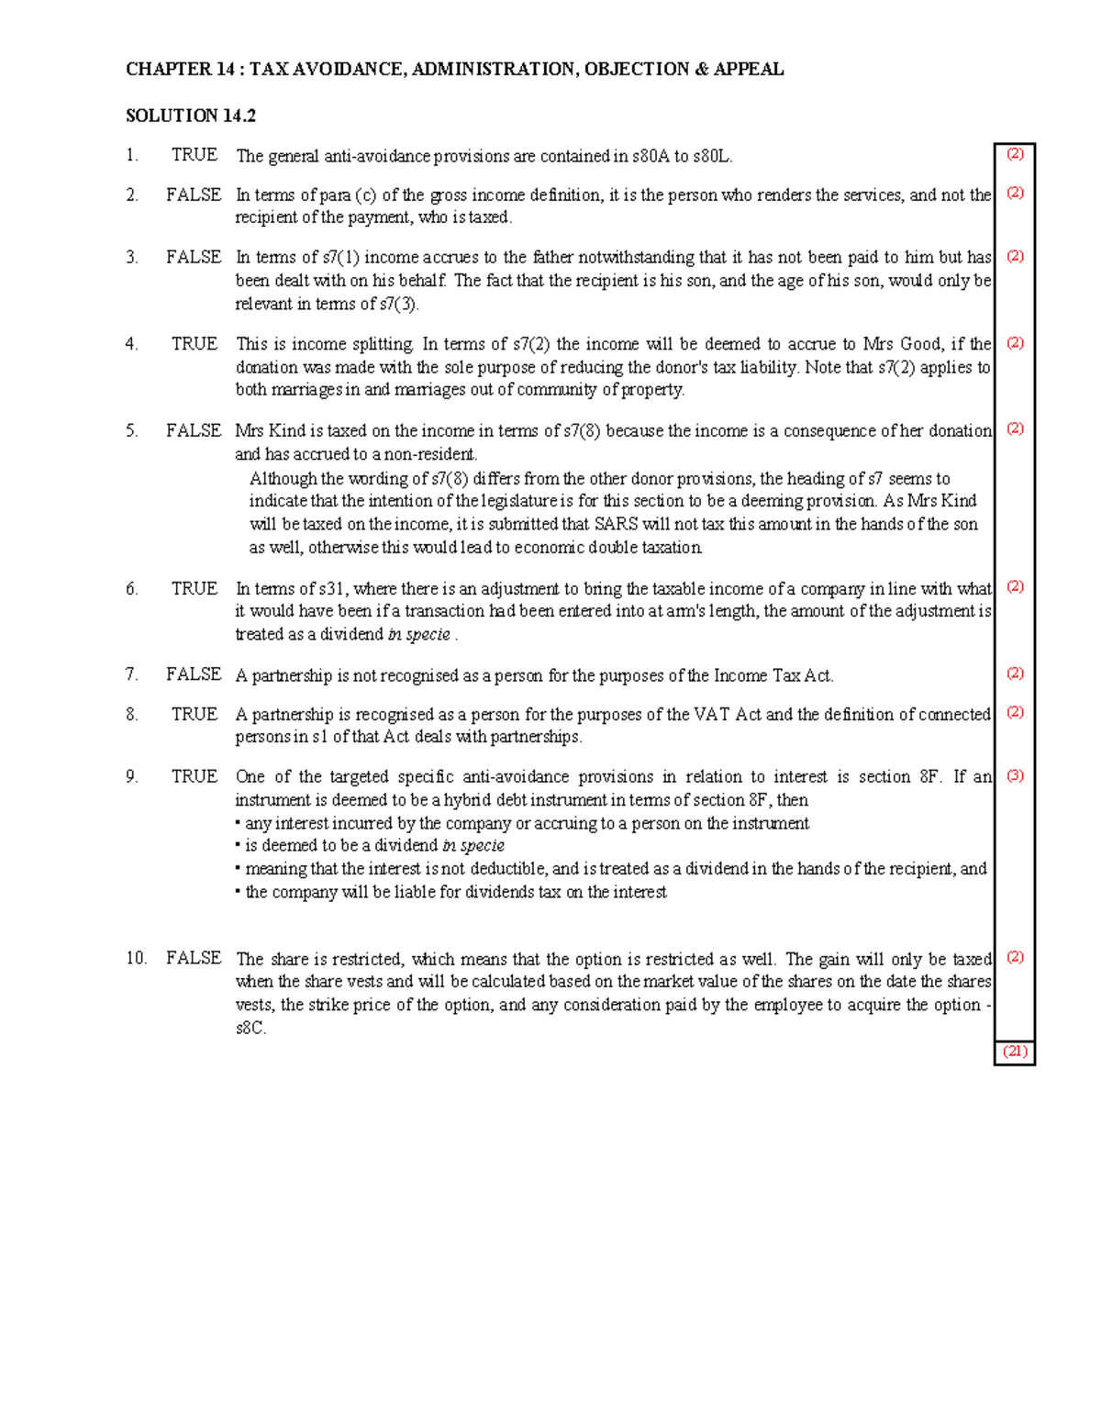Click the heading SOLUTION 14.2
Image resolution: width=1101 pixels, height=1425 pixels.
(191, 116)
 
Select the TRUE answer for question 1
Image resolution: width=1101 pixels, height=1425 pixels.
(195, 155)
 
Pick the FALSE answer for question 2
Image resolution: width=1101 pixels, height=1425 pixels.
(194, 195)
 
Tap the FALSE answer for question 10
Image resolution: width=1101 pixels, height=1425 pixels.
(194, 958)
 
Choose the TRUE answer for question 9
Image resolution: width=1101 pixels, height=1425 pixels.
(195, 776)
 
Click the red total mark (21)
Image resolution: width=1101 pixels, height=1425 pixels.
(1015, 1052)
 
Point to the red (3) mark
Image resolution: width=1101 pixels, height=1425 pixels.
(1015, 775)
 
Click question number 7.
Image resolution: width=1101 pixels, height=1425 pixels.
(132, 674)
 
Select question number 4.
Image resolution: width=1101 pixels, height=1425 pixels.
(132, 344)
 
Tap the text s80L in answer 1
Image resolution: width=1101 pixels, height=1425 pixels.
(711, 156)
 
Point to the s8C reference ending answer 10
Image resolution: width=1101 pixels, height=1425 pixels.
(250, 1028)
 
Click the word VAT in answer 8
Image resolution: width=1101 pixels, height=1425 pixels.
(712, 714)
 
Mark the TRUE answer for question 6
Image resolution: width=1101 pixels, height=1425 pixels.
(195, 588)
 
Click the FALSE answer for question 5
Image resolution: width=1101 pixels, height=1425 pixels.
(194, 430)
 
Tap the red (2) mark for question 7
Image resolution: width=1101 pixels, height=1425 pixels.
(1015, 674)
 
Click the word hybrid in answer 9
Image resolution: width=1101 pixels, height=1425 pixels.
(467, 799)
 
